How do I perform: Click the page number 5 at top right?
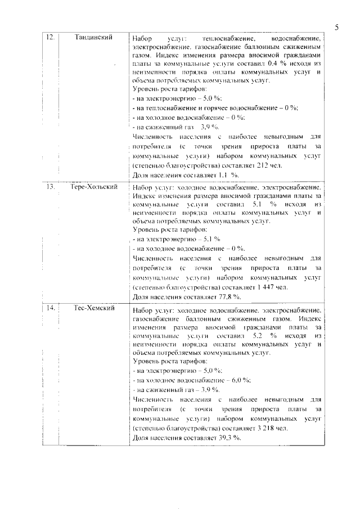pos(336,27)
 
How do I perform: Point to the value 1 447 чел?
pos(272,287)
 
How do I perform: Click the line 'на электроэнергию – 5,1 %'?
pos(175,238)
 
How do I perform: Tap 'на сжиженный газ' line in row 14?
pos(175,390)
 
